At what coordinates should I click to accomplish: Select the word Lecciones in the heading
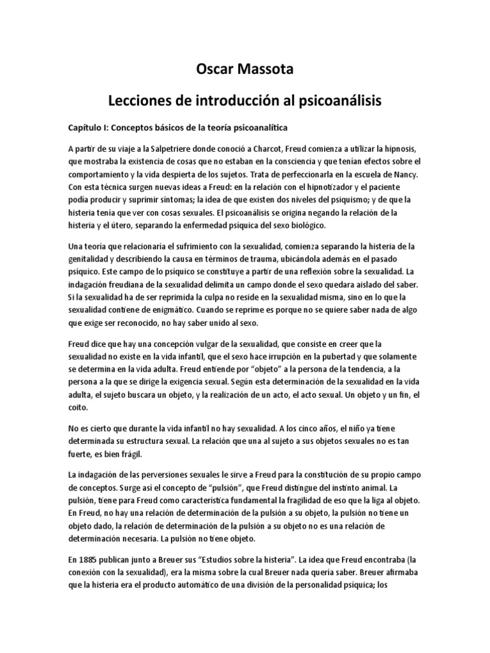click(142, 100)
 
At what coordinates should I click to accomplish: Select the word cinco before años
click(325, 428)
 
